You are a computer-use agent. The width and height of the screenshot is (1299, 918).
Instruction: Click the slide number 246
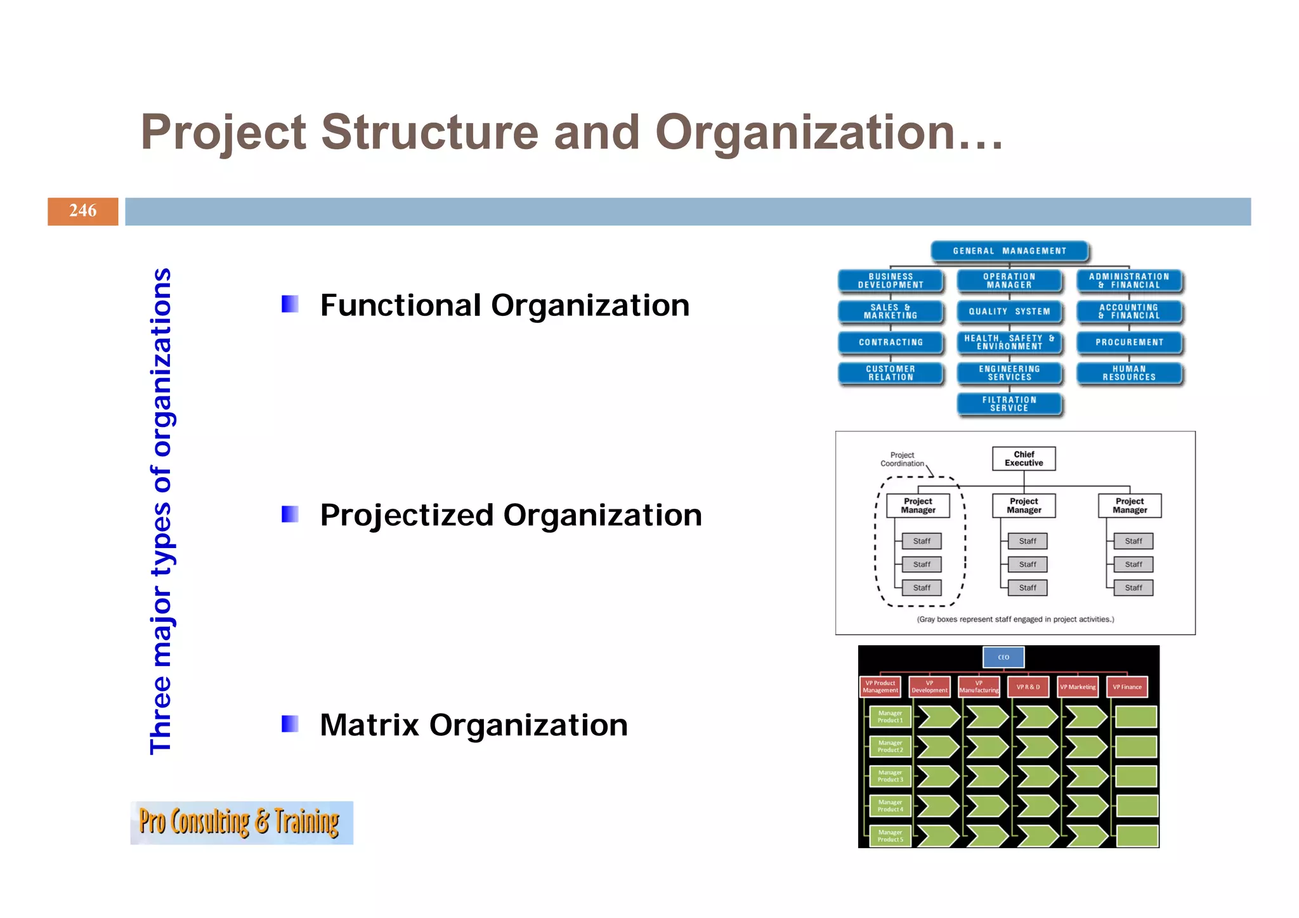click(x=82, y=211)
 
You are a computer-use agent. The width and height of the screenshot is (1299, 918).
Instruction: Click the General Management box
click(x=1009, y=251)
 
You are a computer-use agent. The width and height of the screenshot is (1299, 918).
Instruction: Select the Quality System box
click(x=1009, y=311)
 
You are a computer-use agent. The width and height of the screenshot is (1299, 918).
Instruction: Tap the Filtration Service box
click(x=1009, y=404)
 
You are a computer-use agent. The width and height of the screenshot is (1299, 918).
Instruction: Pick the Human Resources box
click(x=1129, y=373)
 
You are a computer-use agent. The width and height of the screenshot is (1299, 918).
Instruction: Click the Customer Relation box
click(x=891, y=373)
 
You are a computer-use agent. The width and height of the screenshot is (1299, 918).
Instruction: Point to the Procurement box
click(x=1129, y=343)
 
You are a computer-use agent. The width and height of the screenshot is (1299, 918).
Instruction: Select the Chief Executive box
click(x=1024, y=459)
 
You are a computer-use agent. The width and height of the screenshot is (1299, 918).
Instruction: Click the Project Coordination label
click(x=902, y=459)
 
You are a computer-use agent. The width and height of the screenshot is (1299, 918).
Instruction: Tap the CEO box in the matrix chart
click(x=1003, y=657)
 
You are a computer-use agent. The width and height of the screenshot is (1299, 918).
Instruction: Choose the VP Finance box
click(x=1127, y=687)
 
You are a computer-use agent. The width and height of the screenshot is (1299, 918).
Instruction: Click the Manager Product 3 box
click(x=890, y=777)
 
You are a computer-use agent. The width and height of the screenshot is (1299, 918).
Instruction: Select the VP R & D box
click(x=1028, y=687)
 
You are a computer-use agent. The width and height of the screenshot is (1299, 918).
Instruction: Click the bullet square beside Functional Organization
click(x=290, y=304)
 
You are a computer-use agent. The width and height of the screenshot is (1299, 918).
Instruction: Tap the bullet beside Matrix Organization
click(x=290, y=724)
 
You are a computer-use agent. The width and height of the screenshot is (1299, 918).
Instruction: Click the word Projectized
click(x=407, y=515)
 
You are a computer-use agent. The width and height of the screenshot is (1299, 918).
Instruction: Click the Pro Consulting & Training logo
click(x=241, y=823)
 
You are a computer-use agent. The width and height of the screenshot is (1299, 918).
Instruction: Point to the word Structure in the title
click(x=429, y=132)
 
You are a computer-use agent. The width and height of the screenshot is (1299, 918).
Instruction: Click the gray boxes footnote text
click(x=1015, y=619)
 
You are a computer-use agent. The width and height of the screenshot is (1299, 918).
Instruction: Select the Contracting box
click(x=891, y=343)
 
